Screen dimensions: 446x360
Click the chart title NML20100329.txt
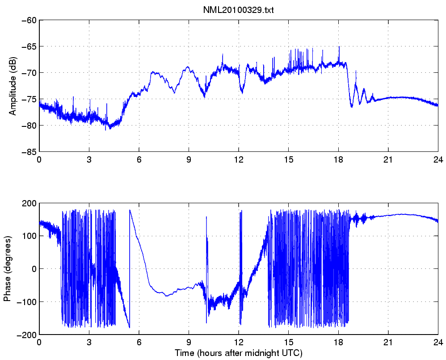(x=238, y=10)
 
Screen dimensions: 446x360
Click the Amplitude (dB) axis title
(x=13, y=86)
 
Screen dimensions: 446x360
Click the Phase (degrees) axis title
(x=7, y=269)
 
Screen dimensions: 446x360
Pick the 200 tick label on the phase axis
(x=30, y=203)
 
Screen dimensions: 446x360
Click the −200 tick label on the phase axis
(x=27, y=335)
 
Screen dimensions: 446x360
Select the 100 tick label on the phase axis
(x=30, y=236)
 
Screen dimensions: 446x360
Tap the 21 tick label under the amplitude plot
(x=388, y=159)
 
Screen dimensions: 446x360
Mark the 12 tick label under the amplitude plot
(x=239, y=159)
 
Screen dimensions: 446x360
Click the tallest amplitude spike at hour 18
(x=339, y=47)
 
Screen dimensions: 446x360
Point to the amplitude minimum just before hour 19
(x=352, y=107)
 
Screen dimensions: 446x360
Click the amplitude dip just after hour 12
(x=242, y=92)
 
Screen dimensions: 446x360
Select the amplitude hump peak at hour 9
(x=188, y=67)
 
